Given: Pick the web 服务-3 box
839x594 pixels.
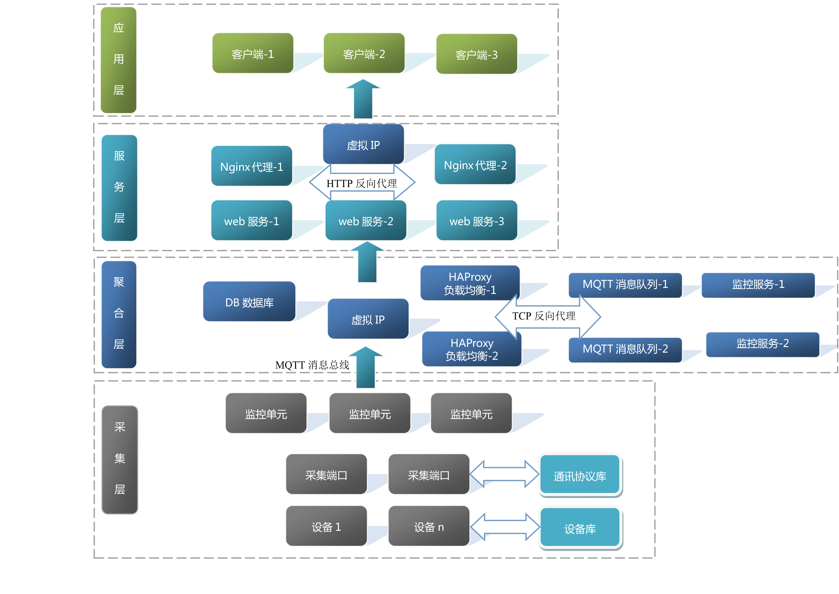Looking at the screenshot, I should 477,221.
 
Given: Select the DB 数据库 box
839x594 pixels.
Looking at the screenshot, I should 249,302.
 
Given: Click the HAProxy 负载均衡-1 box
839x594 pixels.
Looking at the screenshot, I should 470,283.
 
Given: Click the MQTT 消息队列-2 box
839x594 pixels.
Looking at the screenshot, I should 625,349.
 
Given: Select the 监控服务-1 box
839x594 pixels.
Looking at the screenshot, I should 758,285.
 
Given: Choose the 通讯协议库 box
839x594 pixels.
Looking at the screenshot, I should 580,475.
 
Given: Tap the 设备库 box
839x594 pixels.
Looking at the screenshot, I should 580,528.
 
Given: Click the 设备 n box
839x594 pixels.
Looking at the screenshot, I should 429,526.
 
